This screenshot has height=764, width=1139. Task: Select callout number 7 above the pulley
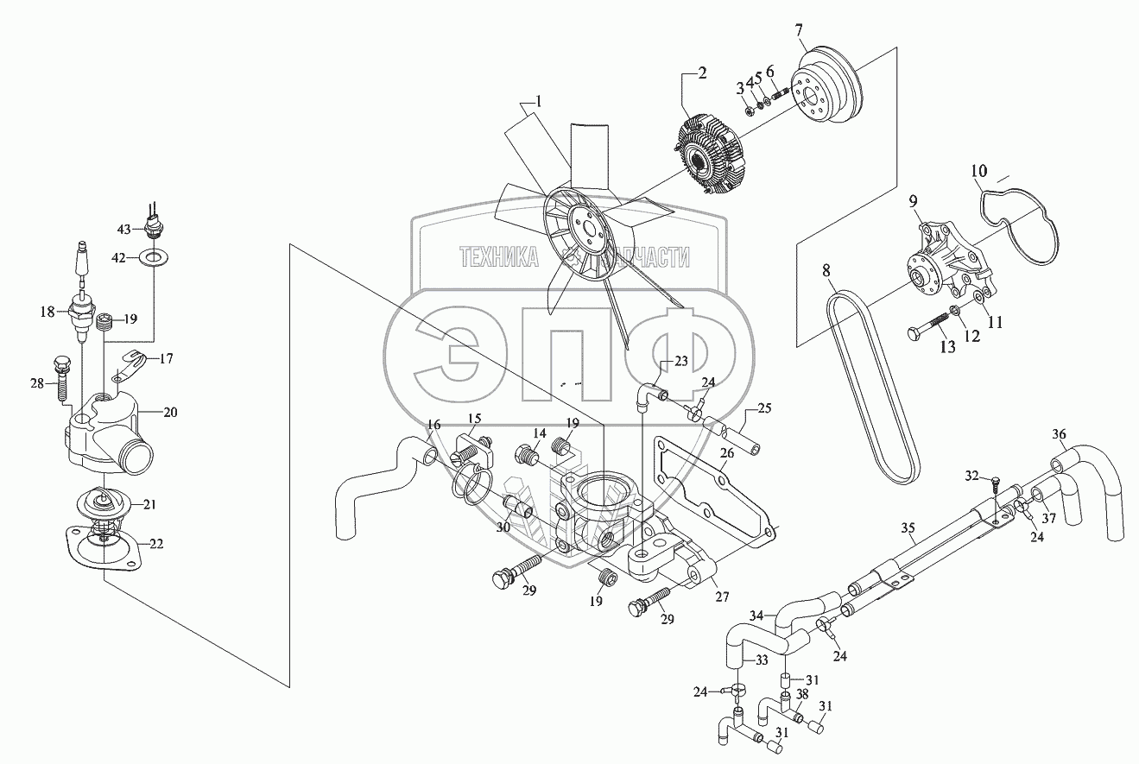pos(800,32)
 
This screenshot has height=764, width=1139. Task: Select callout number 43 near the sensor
pos(124,229)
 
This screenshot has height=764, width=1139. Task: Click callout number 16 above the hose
pos(433,425)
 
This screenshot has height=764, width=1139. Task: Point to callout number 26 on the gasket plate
pos(726,451)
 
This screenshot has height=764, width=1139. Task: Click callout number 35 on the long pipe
pos(907,527)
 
